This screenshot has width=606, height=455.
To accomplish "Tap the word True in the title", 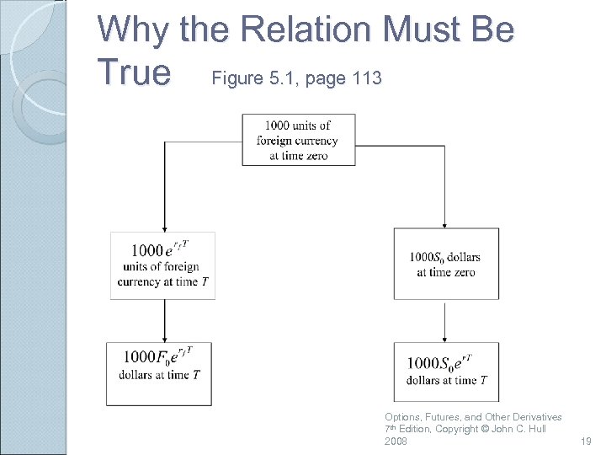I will tap(135, 72).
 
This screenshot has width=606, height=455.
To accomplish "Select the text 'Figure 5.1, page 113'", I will tap(297, 78).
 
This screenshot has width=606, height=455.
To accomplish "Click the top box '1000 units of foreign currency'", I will tap(299, 140).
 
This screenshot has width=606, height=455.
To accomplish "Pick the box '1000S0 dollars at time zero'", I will tap(445, 264).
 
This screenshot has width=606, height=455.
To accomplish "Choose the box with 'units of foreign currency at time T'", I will tap(163, 265).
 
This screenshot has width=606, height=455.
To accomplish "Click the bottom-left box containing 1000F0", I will tap(159, 372).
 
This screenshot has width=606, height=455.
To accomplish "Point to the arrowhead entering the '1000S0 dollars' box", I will tap(445, 224).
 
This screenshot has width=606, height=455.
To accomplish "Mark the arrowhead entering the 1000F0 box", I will tap(164, 338).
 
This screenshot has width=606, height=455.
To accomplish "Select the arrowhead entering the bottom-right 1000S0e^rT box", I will tap(445, 338).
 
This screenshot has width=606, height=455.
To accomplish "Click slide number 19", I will tap(587, 441).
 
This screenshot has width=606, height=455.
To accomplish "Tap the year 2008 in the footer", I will tap(396, 441).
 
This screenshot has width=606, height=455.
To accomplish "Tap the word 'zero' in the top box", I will tap(316, 155).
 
